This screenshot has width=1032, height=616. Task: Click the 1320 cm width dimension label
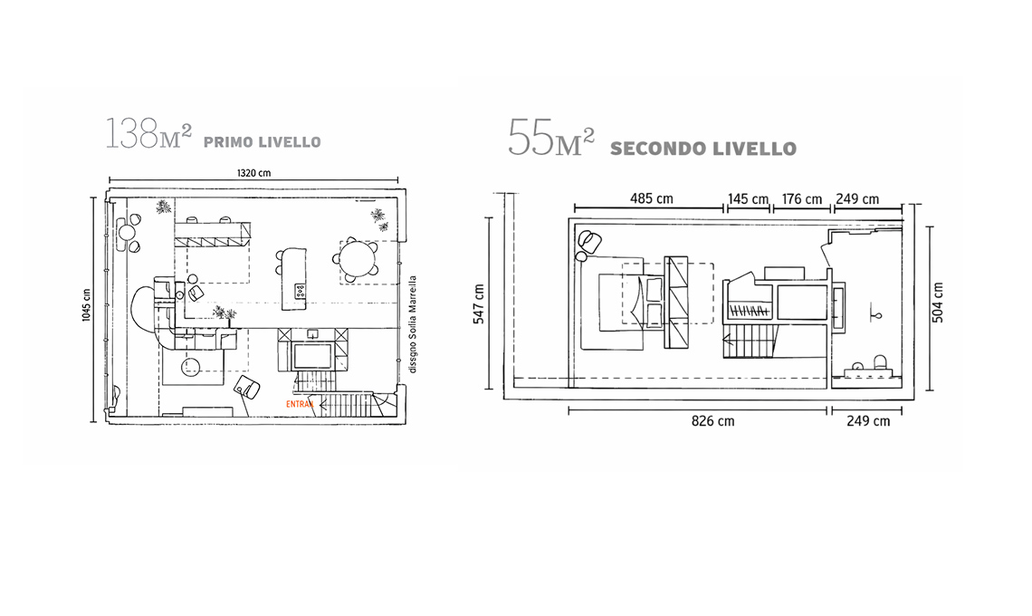[x=253, y=172]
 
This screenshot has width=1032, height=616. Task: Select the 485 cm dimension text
[x=651, y=199]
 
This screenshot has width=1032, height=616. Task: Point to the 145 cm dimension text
[x=748, y=199]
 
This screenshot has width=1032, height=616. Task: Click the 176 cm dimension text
[x=802, y=199]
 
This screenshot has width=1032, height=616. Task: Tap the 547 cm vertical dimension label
[x=478, y=303]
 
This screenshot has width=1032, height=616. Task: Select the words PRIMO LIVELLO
[x=262, y=142]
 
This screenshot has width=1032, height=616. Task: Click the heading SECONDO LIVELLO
[x=702, y=149]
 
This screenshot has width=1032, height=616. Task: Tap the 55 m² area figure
[x=550, y=138]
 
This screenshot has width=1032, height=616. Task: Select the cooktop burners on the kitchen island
[x=300, y=290]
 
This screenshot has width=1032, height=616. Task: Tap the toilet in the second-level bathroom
[x=876, y=364]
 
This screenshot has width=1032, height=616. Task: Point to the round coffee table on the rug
[x=192, y=366]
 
